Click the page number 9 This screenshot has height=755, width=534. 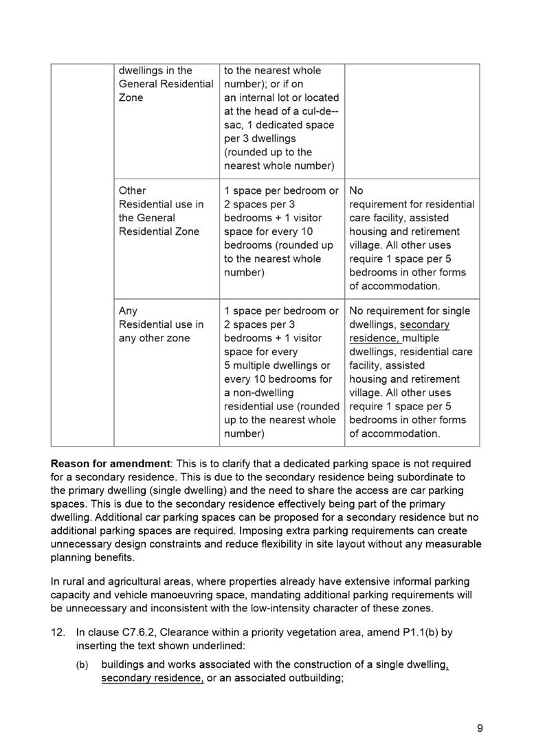(480, 729)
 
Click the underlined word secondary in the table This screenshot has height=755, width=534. (424, 324)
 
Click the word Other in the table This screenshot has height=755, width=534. (133, 190)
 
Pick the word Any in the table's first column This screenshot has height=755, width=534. (129, 311)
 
